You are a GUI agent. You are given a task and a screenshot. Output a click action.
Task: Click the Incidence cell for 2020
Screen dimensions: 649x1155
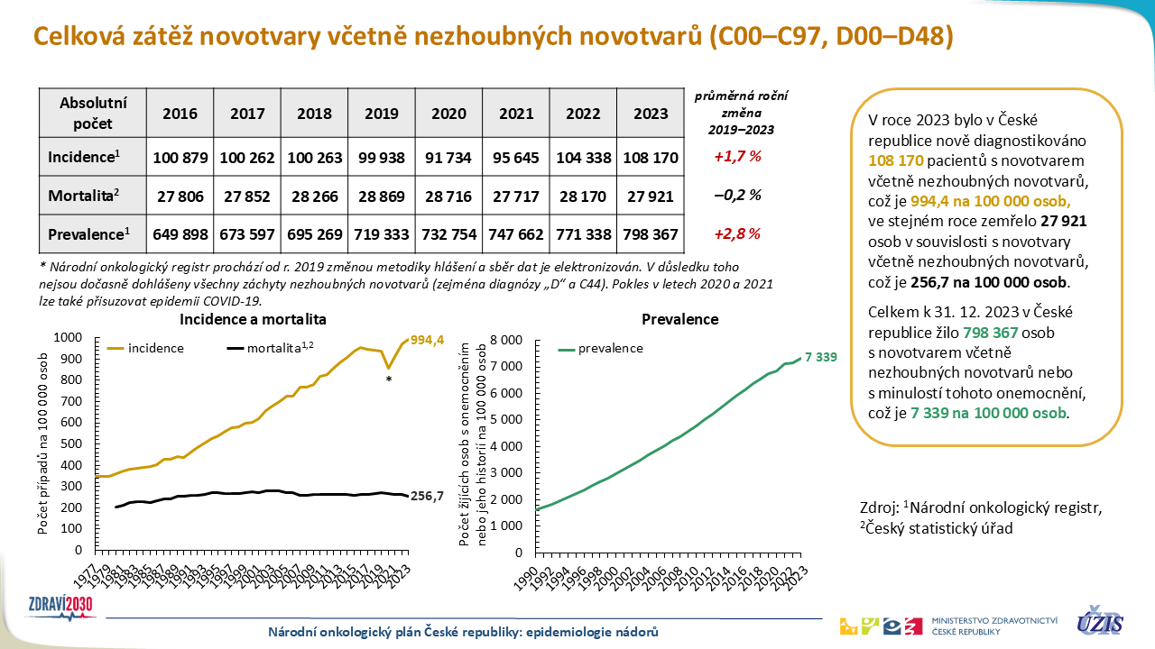click(448, 157)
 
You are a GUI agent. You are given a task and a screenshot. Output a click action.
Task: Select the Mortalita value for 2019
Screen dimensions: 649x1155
click(382, 196)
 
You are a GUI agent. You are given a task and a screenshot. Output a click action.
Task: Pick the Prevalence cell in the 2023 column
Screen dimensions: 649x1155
click(651, 234)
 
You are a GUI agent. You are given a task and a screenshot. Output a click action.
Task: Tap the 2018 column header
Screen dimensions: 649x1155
click(314, 114)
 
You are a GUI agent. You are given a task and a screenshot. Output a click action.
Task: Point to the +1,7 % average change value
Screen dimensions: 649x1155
click(738, 157)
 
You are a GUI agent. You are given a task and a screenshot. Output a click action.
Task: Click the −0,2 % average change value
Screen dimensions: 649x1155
click(738, 196)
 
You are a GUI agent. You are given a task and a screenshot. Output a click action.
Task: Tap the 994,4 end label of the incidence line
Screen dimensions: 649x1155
click(427, 341)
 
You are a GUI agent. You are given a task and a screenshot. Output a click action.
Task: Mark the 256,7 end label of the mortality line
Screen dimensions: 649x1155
click(428, 496)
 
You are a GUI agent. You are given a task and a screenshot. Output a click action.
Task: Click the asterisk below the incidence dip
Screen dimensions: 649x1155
click(388, 380)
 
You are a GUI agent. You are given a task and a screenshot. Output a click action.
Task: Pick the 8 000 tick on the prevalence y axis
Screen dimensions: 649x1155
click(505, 341)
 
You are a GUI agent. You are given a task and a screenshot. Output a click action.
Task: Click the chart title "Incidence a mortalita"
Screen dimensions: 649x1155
click(253, 319)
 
